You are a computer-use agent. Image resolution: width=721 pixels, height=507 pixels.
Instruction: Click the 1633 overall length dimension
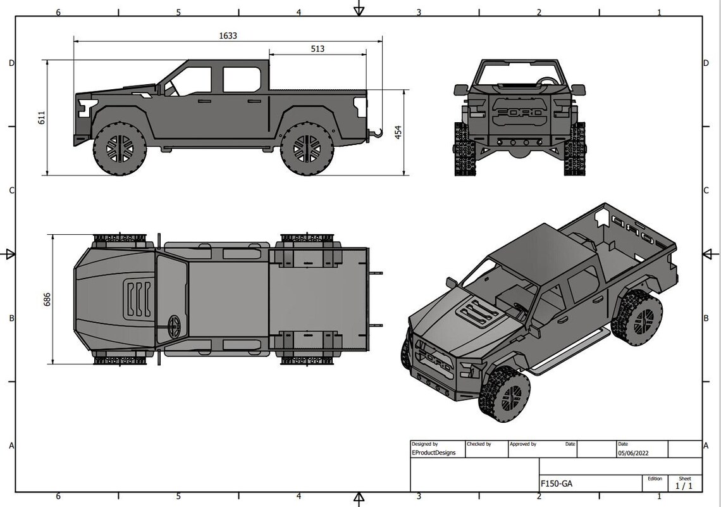228,36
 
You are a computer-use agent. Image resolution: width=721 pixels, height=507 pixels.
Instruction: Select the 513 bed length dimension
317,49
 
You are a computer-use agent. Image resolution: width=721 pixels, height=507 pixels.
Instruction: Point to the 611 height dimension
42,117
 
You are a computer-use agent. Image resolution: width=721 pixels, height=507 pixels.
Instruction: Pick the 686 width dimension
47,299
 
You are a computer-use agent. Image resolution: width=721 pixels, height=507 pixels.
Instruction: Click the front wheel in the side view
120,149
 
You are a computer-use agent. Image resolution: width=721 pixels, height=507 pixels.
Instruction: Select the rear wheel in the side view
307,149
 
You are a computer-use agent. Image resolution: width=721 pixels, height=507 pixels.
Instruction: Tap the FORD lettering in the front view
519,113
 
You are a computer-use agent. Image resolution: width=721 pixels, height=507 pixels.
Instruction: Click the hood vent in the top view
139,299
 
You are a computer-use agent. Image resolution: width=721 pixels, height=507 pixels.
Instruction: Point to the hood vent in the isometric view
479,311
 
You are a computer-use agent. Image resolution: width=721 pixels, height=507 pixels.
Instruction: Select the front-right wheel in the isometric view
506,394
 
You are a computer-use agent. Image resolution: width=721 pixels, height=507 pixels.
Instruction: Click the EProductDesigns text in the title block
433,453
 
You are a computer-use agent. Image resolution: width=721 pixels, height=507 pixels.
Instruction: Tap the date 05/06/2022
632,453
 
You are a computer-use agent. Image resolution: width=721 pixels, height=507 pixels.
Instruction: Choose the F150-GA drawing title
557,484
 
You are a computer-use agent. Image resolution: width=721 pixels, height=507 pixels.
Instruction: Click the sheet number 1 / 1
684,485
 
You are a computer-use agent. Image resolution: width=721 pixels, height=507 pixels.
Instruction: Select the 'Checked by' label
479,444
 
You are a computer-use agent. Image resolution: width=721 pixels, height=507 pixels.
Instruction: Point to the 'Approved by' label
523,444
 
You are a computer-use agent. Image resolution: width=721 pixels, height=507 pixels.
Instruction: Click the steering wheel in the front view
548,82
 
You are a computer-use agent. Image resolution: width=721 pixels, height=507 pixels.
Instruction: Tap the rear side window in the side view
242,80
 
